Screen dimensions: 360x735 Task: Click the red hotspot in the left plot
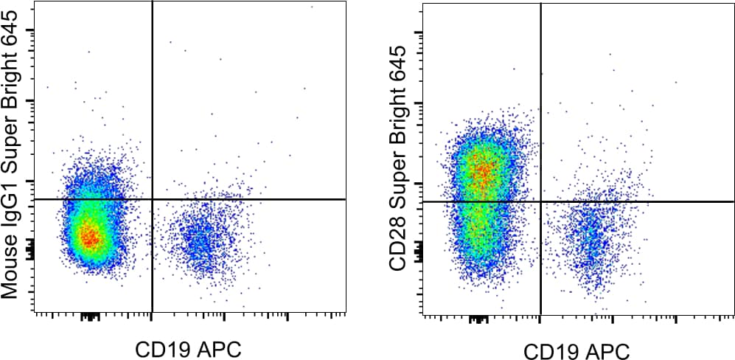tap(88, 238)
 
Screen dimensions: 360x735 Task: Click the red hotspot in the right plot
tap(481, 173)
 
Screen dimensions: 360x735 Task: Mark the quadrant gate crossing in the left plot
tap(152, 199)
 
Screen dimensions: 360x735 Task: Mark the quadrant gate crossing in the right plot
tap(540, 201)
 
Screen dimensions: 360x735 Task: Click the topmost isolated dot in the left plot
tap(312, 7)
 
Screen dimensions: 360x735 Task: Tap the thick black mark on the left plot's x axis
tap(90, 317)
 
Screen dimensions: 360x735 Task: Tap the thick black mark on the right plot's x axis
tap(478, 319)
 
